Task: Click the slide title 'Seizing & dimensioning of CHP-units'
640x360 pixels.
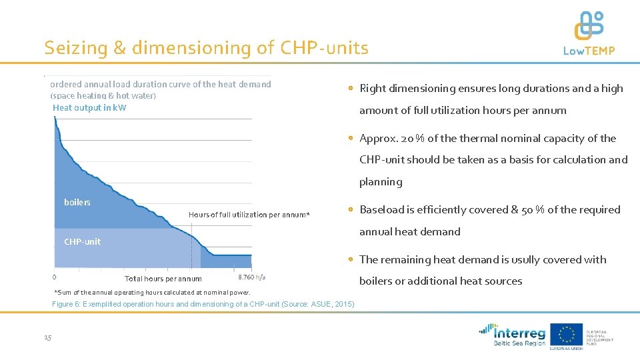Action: [x=206, y=48]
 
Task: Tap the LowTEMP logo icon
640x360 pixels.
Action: [x=589, y=25]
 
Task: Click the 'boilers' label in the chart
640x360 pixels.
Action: [x=77, y=203]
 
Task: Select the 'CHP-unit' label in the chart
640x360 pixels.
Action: [x=82, y=242]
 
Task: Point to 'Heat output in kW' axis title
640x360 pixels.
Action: [x=89, y=108]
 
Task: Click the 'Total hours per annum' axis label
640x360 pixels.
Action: [x=163, y=279]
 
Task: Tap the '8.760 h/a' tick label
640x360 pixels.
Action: [x=251, y=277]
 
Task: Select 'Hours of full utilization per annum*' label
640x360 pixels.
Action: [x=249, y=215]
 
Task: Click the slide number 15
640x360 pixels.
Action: [x=47, y=338]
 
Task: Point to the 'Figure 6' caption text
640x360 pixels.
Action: [x=203, y=305]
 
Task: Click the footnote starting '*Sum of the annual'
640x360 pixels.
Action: [x=152, y=293]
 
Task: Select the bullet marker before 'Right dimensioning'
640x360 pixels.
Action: [x=351, y=88]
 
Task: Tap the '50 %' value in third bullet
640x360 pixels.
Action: [x=534, y=209]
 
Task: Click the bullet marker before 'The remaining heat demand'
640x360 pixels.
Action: [x=351, y=259]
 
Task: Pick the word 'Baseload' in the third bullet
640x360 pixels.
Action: [x=383, y=209]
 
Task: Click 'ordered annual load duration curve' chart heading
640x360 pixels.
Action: [x=161, y=84]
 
